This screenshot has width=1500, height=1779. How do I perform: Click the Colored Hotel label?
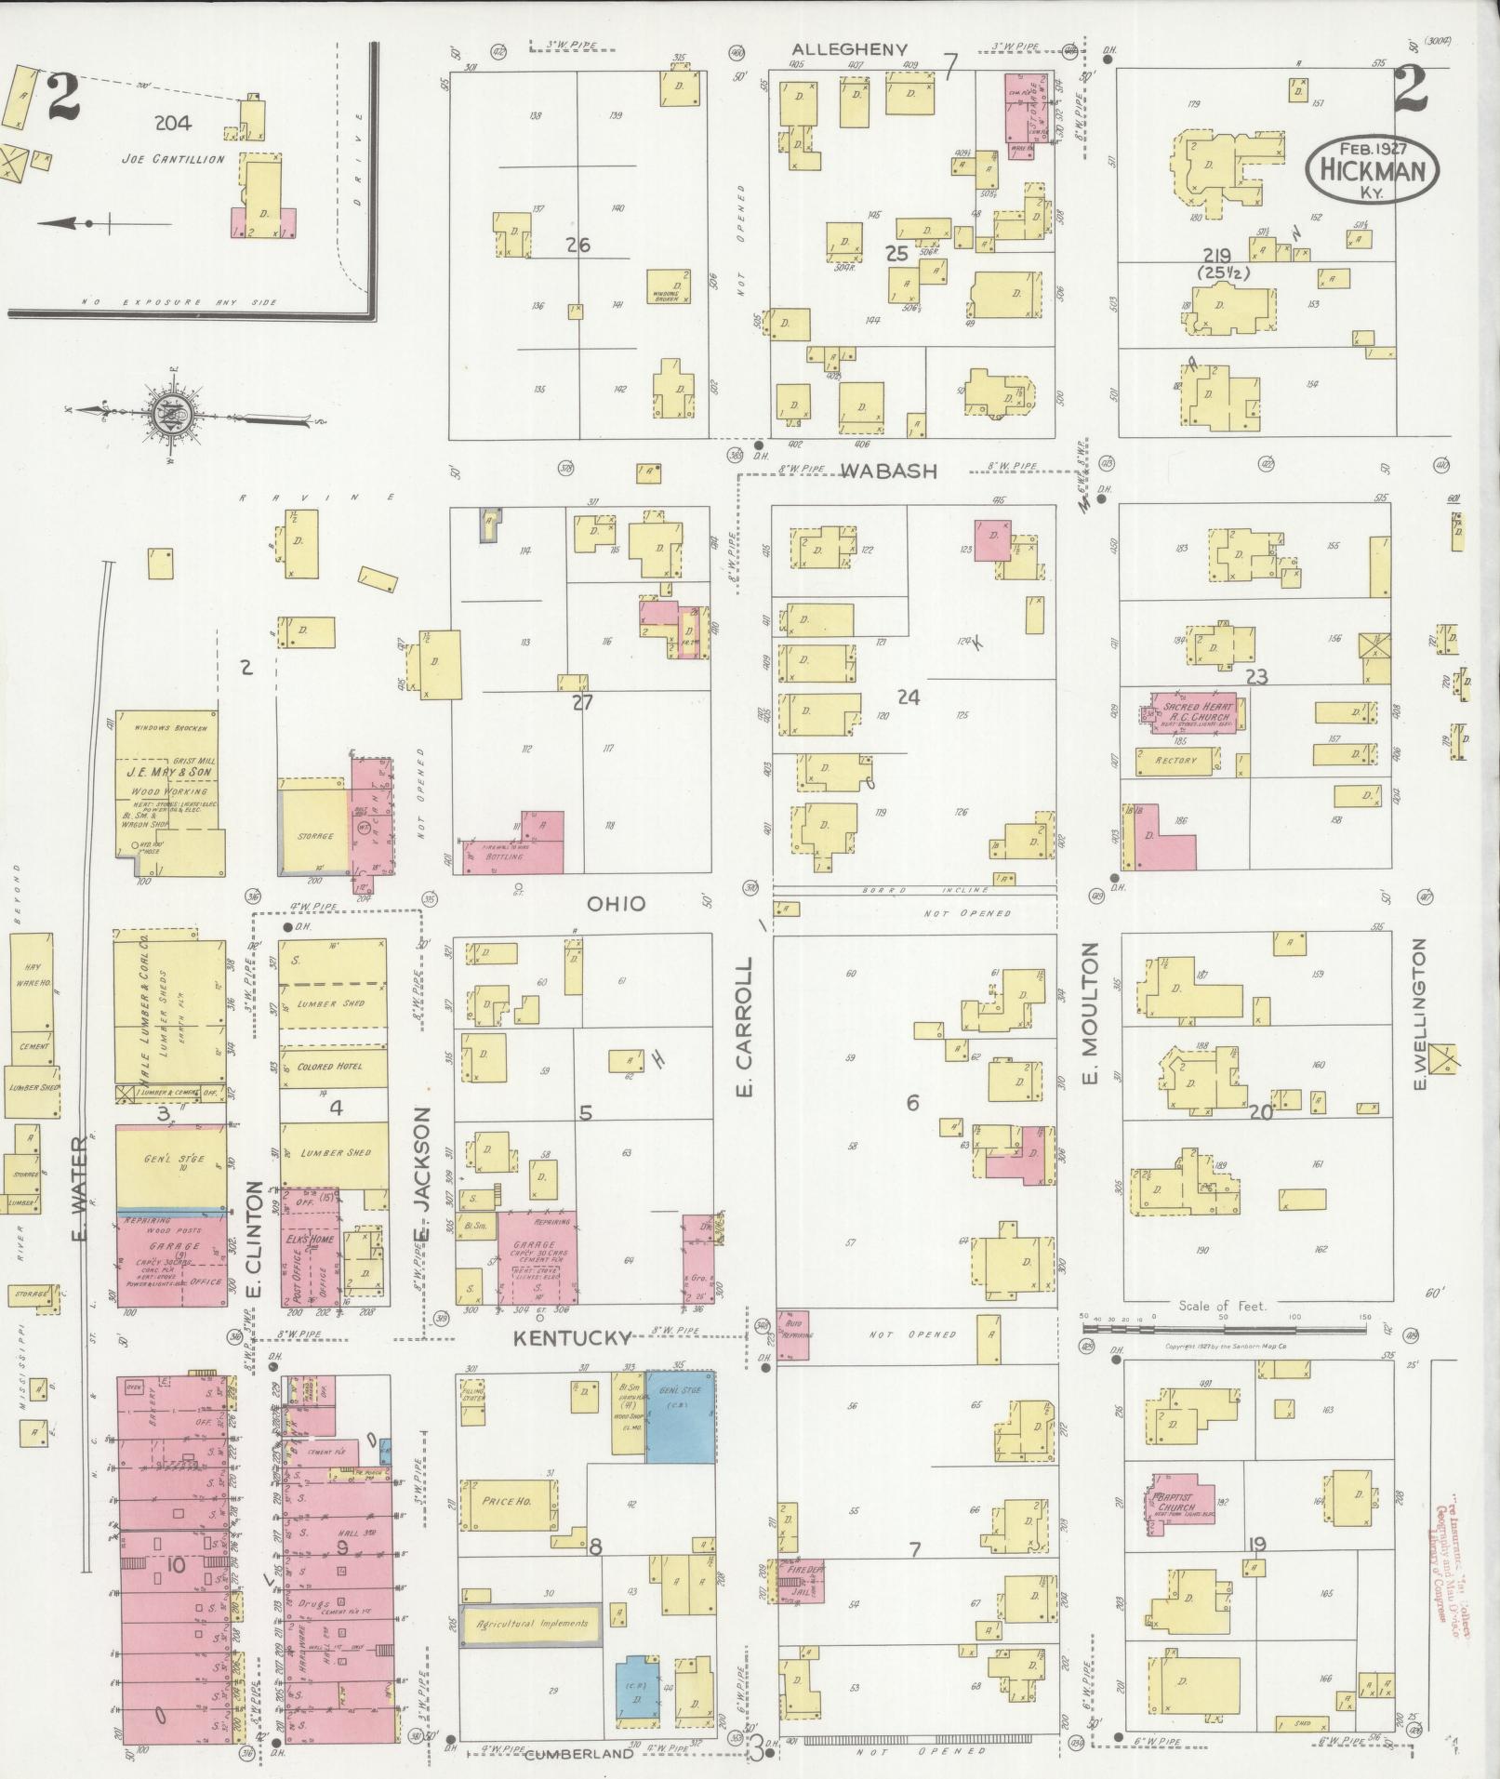(x=330, y=1067)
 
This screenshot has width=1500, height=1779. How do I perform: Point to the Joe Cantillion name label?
(x=173, y=159)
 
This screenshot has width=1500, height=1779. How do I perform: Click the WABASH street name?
(x=889, y=471)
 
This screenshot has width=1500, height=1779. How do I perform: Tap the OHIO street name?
(x=616, y=903)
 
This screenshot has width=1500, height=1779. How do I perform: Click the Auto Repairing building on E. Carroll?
(x=793, y=1335)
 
